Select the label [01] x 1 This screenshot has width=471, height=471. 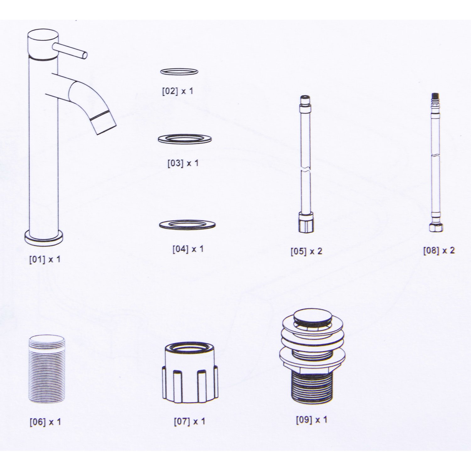(x=45, y=260)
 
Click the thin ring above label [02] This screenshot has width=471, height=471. (x=179, y=72)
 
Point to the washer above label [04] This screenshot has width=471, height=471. (x=187, y=225)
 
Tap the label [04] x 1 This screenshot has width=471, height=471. (x=188, y=249)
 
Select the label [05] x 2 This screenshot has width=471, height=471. (x=306, y=251)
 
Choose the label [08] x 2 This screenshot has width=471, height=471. (x=439, y=251)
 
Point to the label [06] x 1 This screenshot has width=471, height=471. (x=45, y=422)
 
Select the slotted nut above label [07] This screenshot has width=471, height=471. (x=190, y=374)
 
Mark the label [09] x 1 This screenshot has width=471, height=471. (x=311, y=420)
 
